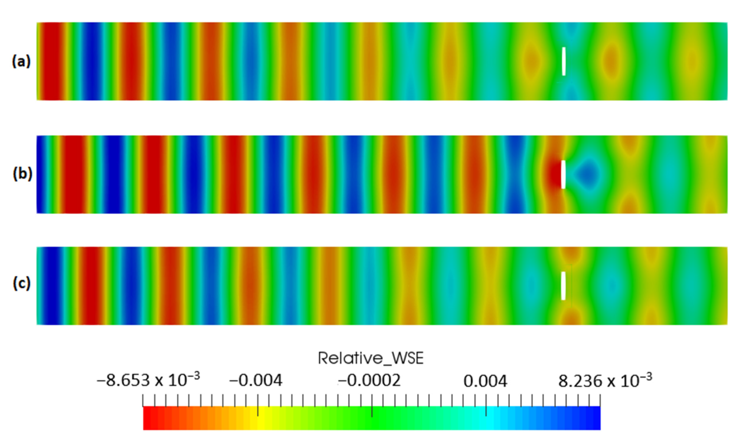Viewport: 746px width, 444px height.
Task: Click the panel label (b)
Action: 22,174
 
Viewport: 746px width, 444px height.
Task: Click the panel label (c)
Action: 22,283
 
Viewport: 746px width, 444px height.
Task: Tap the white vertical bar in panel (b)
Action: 563,174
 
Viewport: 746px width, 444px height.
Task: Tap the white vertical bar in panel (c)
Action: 563,286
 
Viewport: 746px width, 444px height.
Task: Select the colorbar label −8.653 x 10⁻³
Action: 148,380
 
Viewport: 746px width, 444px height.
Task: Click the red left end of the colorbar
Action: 150,418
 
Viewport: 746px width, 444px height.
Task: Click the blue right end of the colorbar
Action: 594,418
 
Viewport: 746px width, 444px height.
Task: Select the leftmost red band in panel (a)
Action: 51,61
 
